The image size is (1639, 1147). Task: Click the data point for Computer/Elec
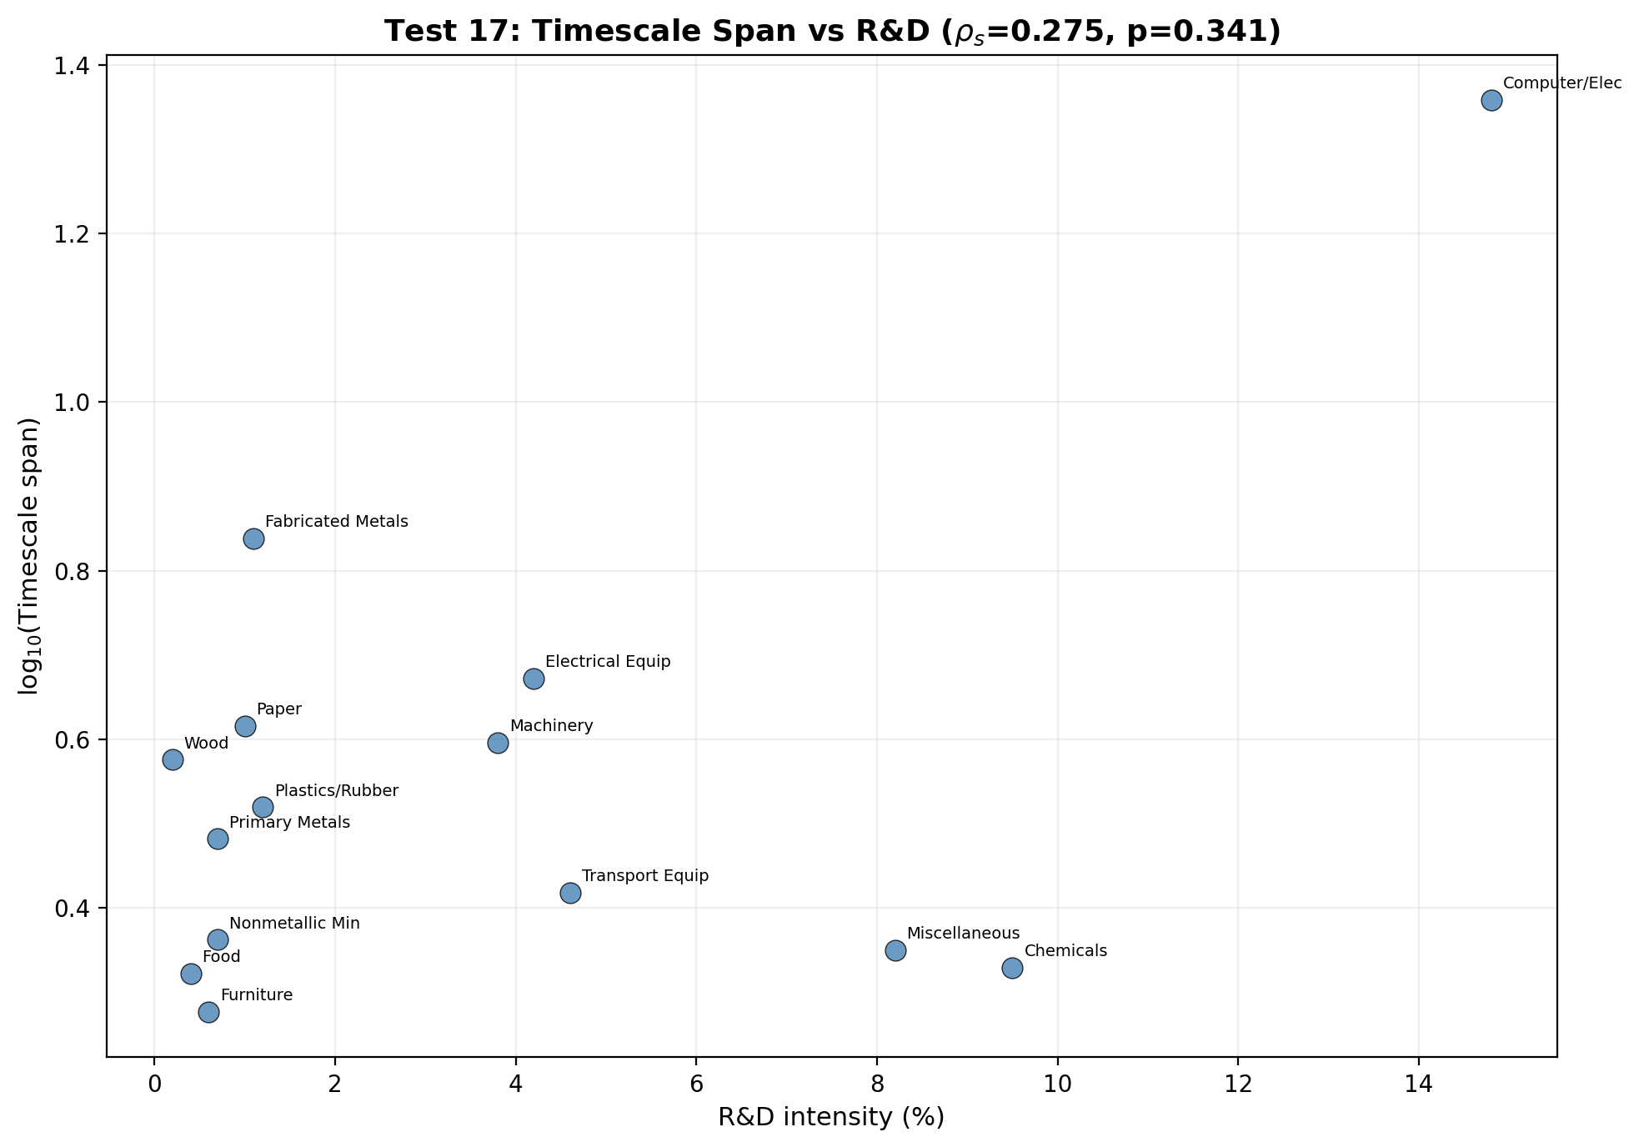1491,101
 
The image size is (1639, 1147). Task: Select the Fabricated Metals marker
253,538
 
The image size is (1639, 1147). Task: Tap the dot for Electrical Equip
534,679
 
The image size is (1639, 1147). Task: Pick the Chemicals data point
1012,968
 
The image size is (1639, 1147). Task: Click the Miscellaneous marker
895,950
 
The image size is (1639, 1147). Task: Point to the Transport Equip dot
570,893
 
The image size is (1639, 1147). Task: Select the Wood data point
173,759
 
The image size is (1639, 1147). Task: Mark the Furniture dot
208,1012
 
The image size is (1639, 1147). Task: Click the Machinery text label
551,726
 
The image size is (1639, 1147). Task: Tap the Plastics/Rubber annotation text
337,790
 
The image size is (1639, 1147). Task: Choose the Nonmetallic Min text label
294,924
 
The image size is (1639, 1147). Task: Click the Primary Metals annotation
289,823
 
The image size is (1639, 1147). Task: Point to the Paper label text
278,709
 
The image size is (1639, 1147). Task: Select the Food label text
221,957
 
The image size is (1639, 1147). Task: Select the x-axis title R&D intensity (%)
831,1118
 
